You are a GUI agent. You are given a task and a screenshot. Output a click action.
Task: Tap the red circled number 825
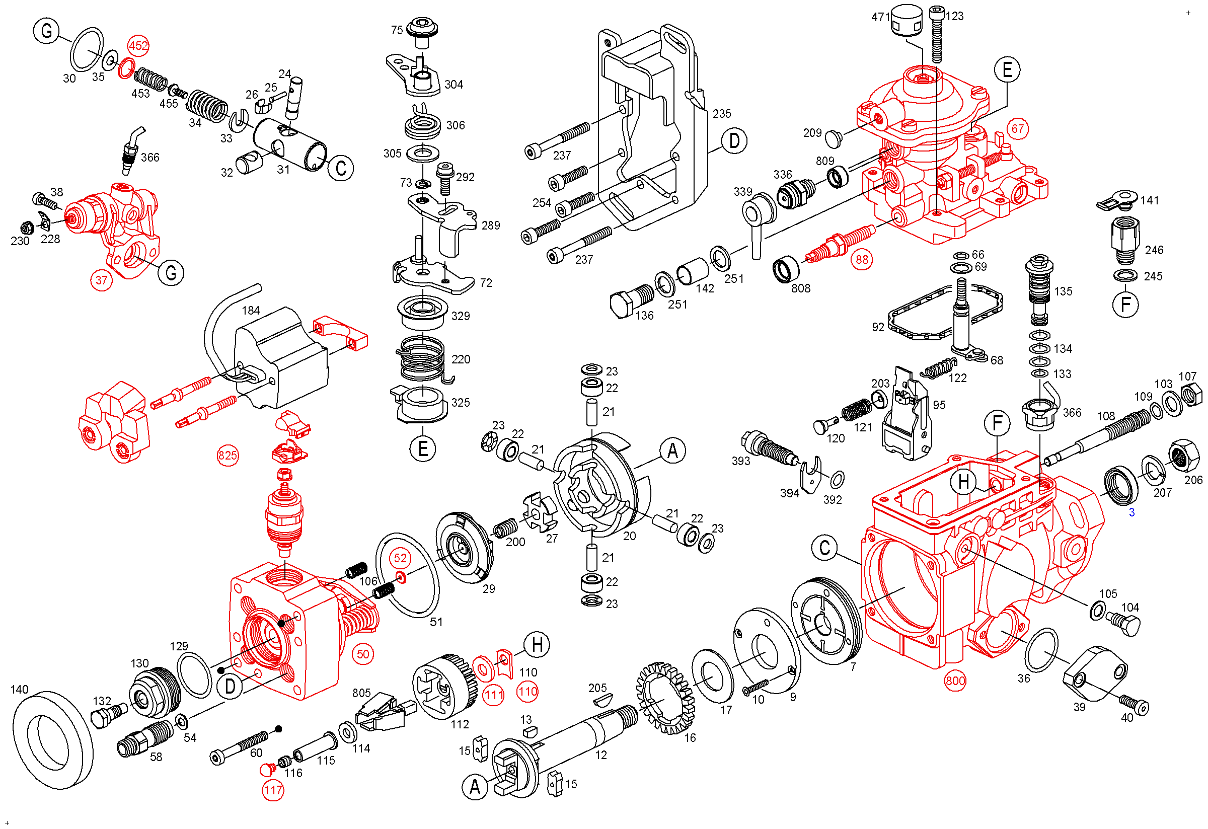[228, 457]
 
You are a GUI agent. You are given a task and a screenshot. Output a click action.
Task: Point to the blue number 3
[1131, 513]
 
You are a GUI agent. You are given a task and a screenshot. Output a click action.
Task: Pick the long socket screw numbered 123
[937, 34]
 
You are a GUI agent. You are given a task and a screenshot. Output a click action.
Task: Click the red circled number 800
[955, 682]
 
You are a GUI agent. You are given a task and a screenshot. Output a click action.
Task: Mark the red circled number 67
[1017, 129]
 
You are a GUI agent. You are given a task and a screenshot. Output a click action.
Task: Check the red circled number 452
[138, 46]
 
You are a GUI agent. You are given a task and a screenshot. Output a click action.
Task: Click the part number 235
[721, 113]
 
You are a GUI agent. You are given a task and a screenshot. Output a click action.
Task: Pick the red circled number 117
[272, 791]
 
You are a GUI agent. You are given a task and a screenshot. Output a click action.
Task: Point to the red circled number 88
[861, 259]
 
